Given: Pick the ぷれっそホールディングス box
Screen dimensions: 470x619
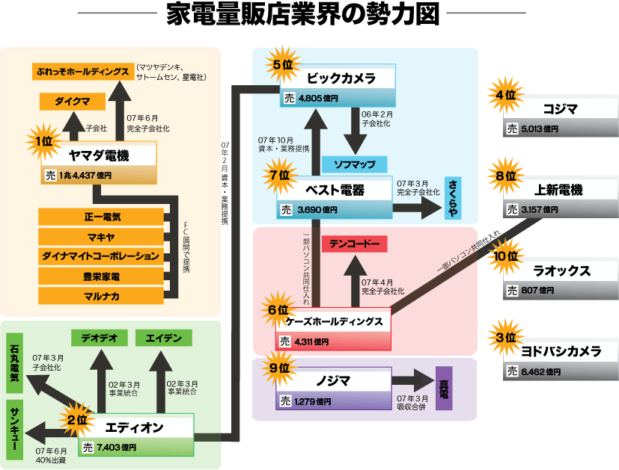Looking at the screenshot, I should point(82,72).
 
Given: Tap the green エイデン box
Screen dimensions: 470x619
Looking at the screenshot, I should point(162,337).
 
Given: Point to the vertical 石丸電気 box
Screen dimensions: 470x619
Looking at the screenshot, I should point(14,368).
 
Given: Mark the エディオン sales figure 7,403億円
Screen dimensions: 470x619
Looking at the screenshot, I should point(116,448).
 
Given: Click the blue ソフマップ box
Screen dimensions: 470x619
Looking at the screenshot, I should point(353,164).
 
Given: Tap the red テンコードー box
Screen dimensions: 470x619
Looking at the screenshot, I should point(353,244).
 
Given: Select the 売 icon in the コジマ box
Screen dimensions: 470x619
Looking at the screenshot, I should point(512,129).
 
